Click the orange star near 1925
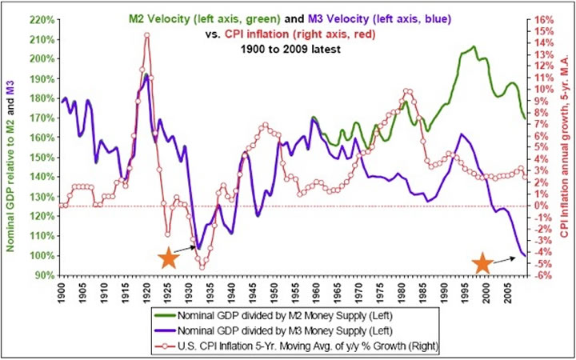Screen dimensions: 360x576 [168, 258]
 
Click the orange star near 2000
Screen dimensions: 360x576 [482, 264]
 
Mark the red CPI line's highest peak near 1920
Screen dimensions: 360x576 [146, 34]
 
